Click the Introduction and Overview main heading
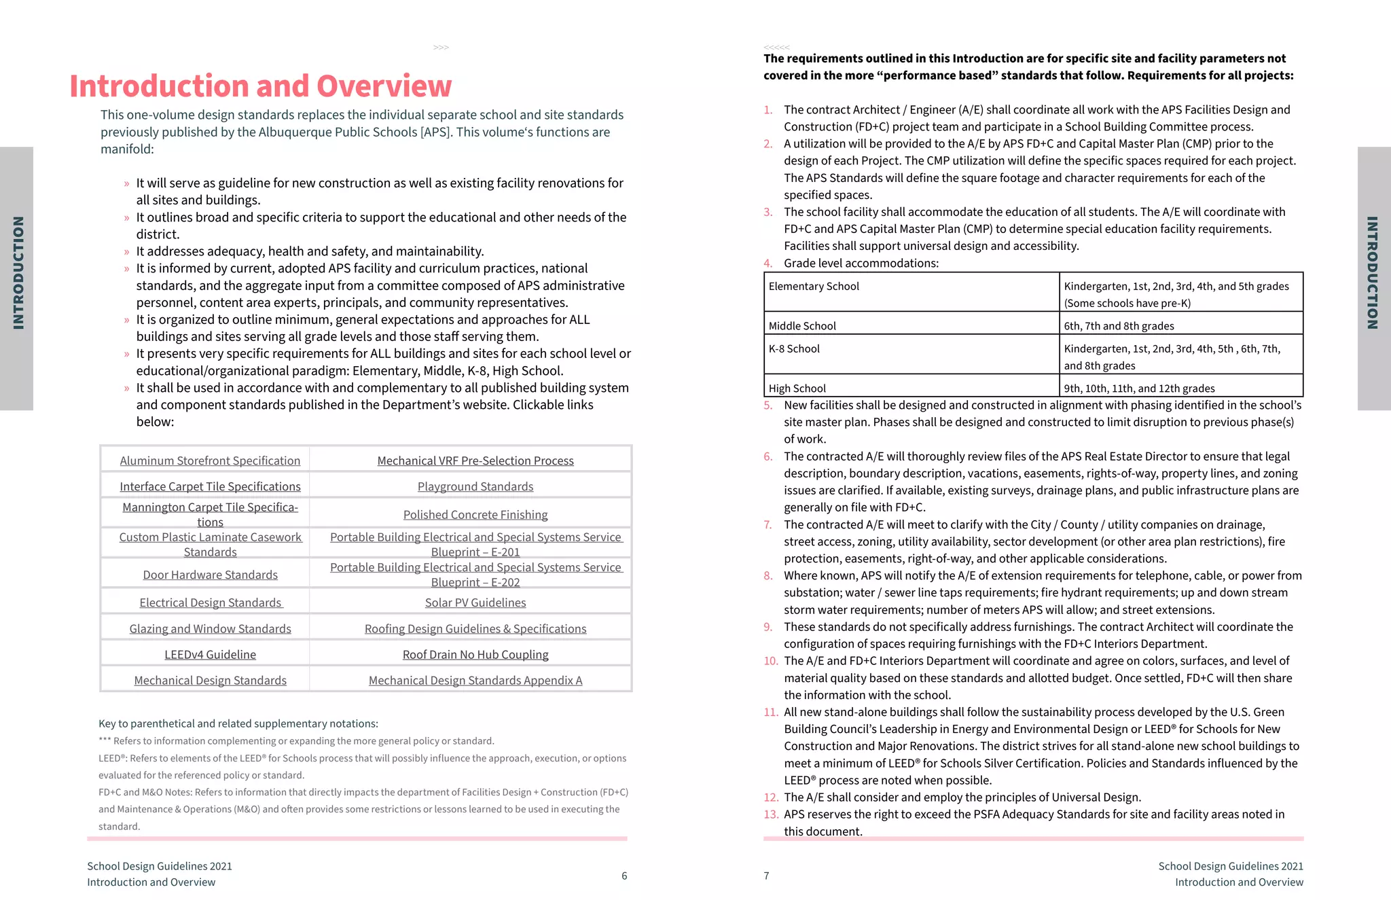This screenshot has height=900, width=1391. click(260, 86)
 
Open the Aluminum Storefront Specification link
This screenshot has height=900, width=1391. click(210, 461)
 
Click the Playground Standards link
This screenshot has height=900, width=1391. click(475, 486)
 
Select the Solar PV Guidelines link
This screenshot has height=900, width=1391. click(475, 602)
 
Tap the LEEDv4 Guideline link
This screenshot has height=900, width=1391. click(210, 654)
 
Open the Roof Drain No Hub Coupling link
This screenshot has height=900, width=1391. click(475, 654)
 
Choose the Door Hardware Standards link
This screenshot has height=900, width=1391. click(210, 575)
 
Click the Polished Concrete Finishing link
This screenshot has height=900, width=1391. click(475, 515)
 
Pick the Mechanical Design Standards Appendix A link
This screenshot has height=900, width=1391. click(475, 680)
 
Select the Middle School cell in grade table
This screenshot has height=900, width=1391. click(802, 326)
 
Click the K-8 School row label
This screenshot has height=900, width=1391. click(794, 348)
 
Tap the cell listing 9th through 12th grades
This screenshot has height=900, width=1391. click(1139, 389)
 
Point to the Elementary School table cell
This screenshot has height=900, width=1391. click(814, 287)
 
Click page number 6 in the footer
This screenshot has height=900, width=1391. click(624, 876)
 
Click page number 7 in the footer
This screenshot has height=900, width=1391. click(766, 876)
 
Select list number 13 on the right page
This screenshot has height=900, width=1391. click(770, 814)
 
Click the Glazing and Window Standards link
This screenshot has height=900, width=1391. click(210, 629)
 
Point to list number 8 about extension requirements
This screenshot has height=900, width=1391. click(768, 576)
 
